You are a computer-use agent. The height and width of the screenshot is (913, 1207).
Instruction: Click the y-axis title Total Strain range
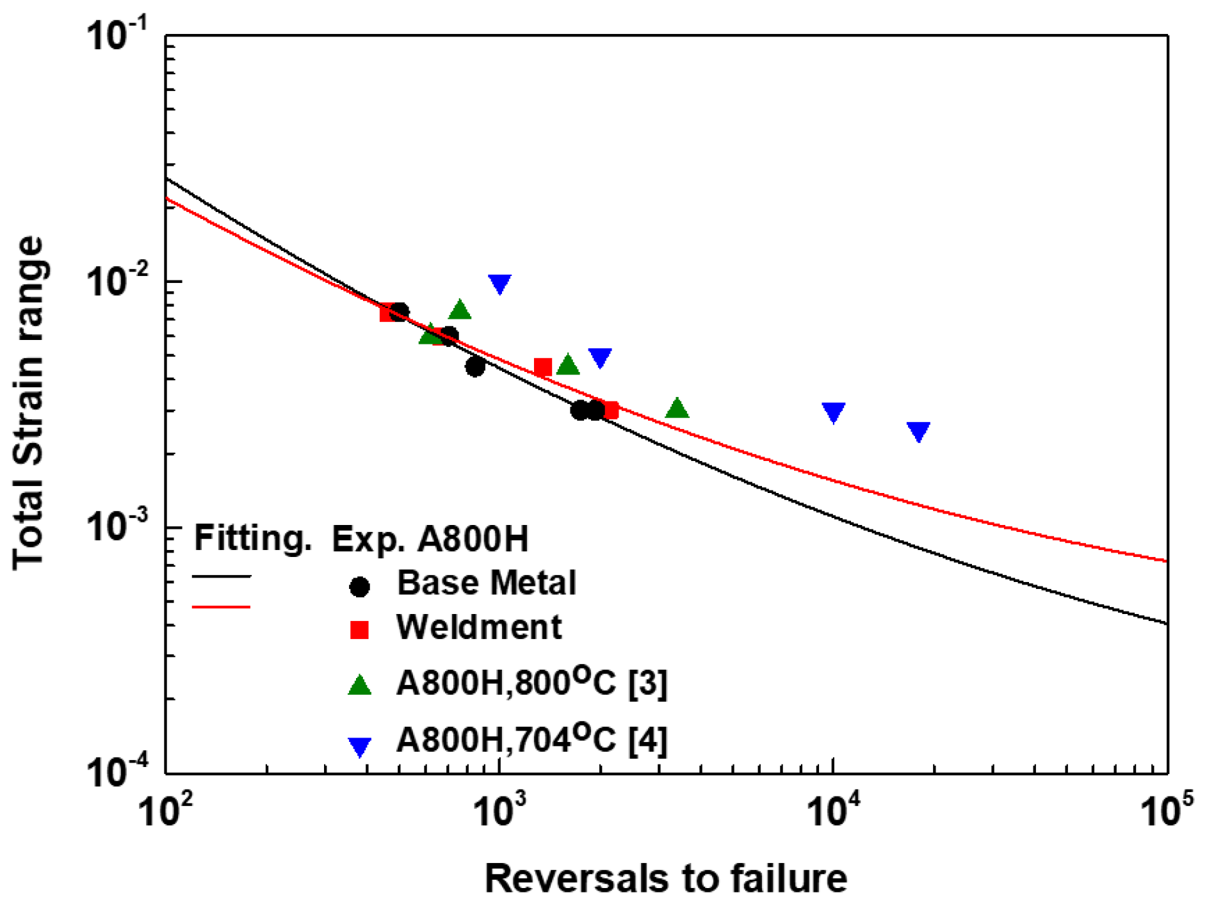[x=29, y=403]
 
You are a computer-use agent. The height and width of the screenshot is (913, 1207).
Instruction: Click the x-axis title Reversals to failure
[x=666, y=878]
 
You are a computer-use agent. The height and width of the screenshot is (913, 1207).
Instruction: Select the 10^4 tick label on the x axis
[x=832, y=811]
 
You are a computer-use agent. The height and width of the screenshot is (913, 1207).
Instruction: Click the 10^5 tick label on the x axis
[x=1167, y=811]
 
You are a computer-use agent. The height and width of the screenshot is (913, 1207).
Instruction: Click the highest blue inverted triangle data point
[x=499, y=283]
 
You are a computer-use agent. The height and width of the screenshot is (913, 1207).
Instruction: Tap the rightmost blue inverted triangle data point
[x=918, y=431]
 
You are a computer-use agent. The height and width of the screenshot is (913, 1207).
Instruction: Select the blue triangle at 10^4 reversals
[x=833, y=412]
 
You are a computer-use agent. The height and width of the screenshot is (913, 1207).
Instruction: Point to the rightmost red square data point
[x=610, y=410]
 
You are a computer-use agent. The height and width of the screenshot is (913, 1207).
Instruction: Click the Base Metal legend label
[x=486, y=583]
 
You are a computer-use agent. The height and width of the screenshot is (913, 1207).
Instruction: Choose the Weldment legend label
[x=479, y=627]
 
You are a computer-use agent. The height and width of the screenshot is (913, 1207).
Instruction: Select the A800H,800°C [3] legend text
[x=531, y=683]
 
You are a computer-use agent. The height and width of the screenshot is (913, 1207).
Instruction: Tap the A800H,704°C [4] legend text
[x=531, y=740]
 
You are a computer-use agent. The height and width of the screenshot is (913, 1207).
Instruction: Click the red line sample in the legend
[x=221, y=606]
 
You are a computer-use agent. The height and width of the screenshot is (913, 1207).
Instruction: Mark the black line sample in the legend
[x=221, y=577]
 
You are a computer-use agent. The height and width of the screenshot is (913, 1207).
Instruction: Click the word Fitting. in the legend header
[x=252, y=538]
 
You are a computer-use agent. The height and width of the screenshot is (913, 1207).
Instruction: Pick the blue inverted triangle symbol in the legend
[x=360, y=746]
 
